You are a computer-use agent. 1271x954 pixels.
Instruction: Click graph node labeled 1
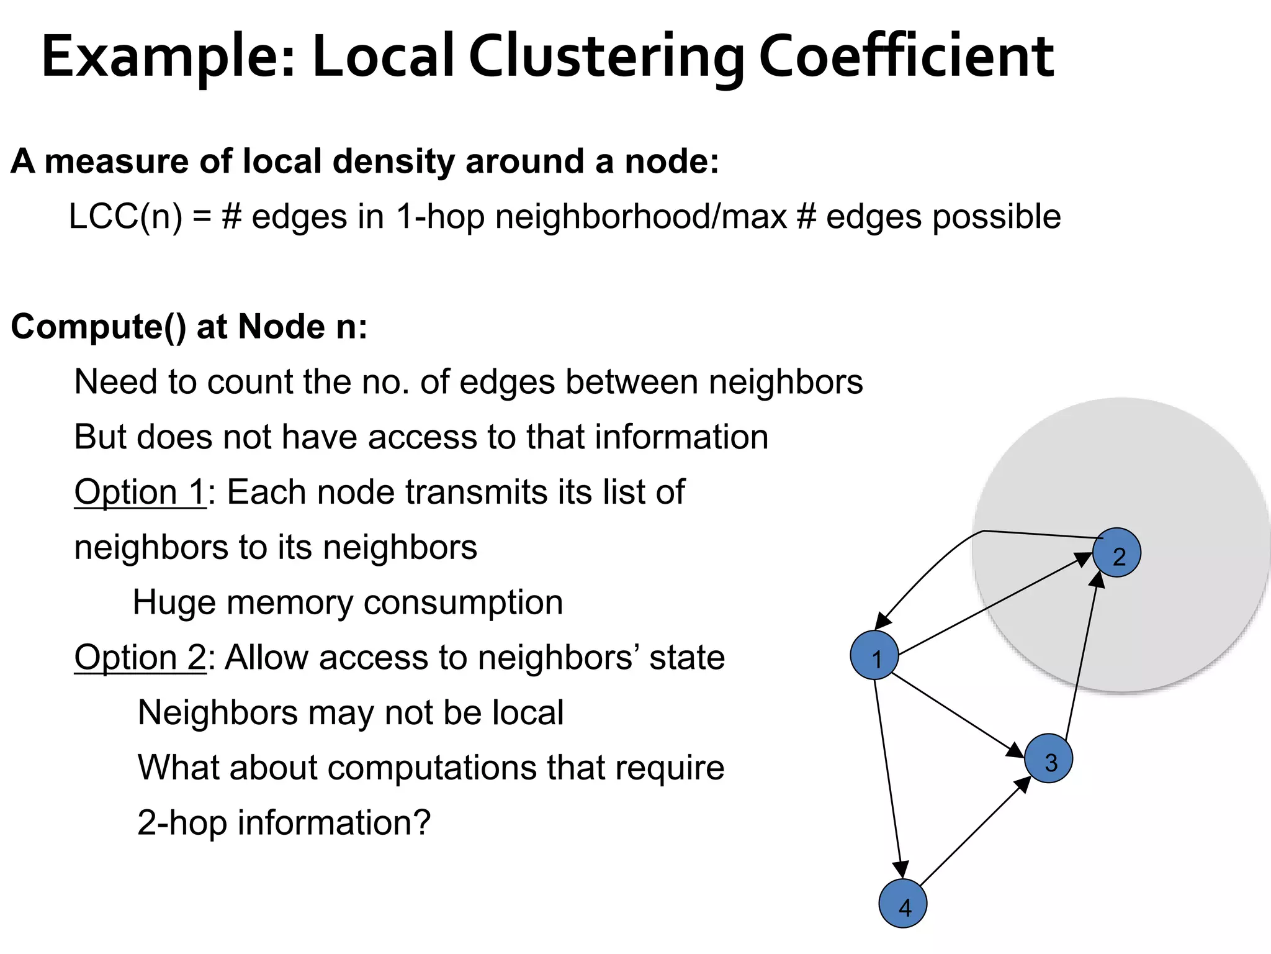pos(874,655)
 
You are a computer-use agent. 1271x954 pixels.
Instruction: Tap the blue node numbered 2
pos(1116,553)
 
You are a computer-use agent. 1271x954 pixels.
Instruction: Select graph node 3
pos(1048,758)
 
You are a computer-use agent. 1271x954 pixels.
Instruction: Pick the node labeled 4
pos(903,904)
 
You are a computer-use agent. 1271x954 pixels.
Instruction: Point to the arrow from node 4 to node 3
pos(974,832)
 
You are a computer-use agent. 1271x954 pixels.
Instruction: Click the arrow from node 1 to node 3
pos(956,714)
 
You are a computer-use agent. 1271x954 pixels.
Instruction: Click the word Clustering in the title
pos(606,57)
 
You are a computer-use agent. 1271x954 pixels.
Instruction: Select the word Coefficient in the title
pos(905,57)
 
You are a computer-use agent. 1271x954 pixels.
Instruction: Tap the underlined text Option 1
pos(140,492)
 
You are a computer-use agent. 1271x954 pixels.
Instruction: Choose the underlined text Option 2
pos(140,657)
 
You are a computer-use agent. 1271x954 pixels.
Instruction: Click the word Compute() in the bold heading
pos(98,327)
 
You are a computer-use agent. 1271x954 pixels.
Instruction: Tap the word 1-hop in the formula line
pos(439,217)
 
